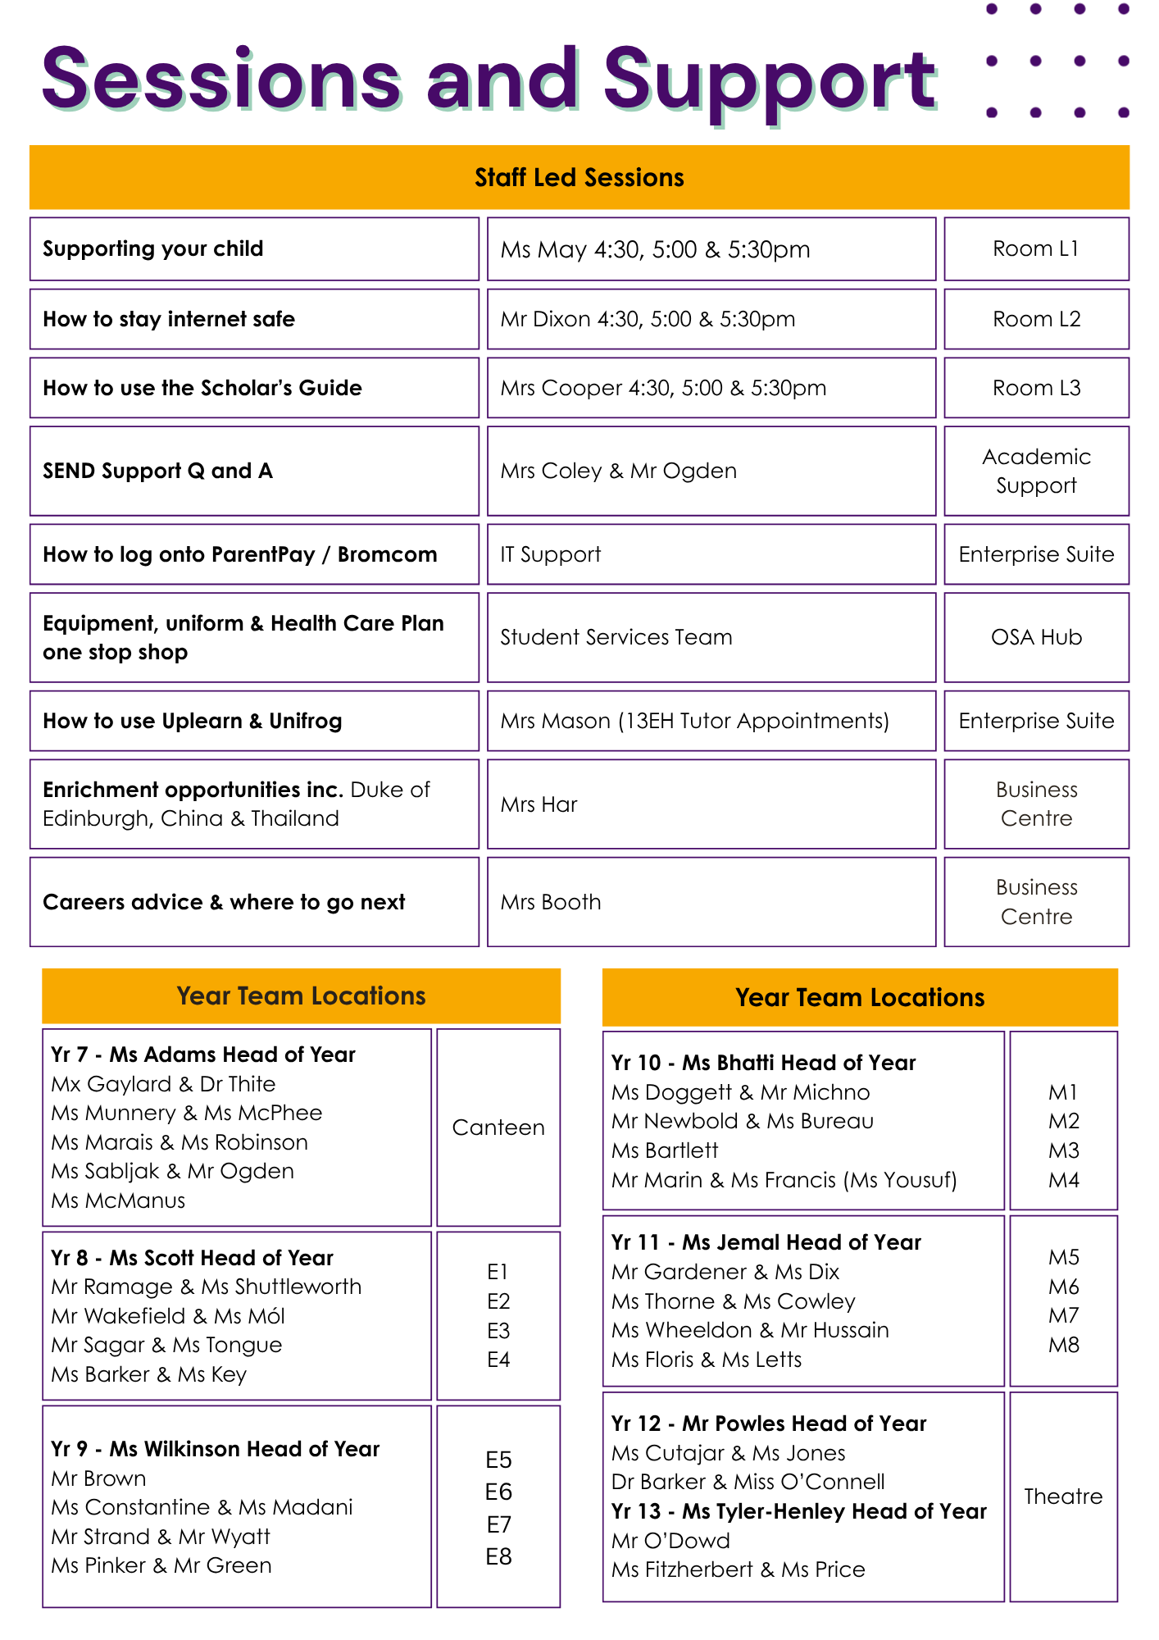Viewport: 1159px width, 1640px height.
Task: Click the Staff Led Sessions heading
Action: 579,178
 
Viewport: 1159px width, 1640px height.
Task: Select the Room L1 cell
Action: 1035,249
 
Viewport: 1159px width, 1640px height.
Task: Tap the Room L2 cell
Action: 1036,319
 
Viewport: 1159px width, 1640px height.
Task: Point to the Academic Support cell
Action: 1036,471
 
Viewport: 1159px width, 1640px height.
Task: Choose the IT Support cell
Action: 551,554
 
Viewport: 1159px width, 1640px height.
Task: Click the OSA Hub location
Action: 1036,637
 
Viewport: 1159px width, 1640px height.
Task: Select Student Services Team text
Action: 616,637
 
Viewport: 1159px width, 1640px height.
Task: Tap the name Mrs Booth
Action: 551,902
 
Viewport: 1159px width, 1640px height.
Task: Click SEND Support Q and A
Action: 157,471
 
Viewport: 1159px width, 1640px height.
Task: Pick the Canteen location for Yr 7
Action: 498,1127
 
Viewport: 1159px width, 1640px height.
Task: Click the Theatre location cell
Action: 1063,1496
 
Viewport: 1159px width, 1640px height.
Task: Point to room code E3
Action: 498,1331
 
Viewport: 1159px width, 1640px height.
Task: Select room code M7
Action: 1064,1316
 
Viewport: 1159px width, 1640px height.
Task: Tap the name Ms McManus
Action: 118,1200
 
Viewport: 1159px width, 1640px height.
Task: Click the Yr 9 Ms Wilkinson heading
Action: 215,1449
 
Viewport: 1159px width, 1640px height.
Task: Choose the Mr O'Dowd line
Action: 670,1541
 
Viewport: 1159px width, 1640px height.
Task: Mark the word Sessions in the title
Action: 221,80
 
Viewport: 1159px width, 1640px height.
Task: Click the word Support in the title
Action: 769,80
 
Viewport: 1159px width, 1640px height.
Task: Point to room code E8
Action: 498,1556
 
